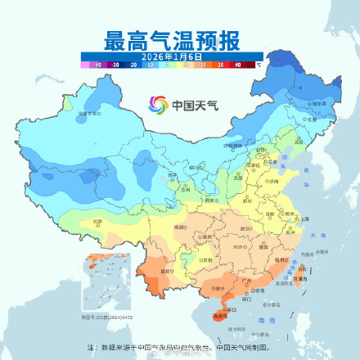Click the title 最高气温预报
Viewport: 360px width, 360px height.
pyautogui.click(x=180, y=39)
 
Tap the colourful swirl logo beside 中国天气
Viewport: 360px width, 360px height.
pyautogui.click(x=157, y=105)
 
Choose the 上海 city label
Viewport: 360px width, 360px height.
pyautogui.click(x=304, y=219)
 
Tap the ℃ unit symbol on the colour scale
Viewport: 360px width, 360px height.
pyautogui.click(x=258, y=63)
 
